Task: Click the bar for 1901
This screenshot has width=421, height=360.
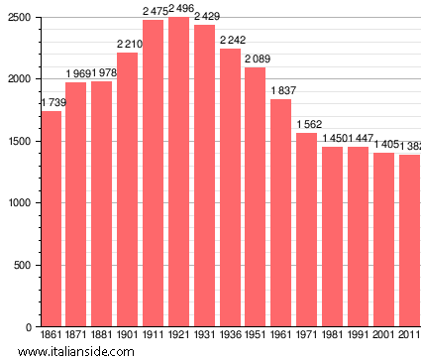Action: pyautogui.click(x=128, y=189)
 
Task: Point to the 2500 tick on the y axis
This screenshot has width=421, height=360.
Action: pyautogui.click(x=21, y=18)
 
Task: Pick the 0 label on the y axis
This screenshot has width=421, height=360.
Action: pyautogui.click(x=30, y=327)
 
